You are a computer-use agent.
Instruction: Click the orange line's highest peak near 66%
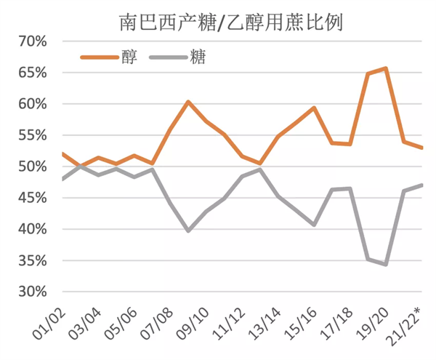click(385, 68)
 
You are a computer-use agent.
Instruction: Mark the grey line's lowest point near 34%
click(385, 264)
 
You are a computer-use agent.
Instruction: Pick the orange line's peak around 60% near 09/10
click(188, 102)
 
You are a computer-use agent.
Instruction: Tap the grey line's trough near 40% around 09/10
click(188, 231)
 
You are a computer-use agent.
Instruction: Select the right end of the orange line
click(421, 148)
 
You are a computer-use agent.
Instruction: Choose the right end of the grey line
click(421, 185)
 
